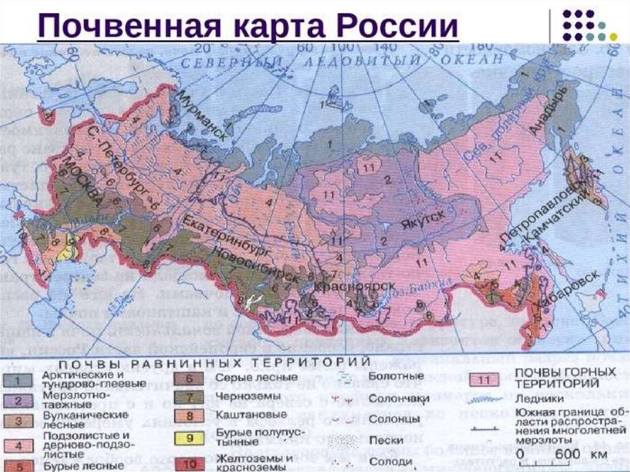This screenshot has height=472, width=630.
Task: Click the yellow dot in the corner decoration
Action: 613,36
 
